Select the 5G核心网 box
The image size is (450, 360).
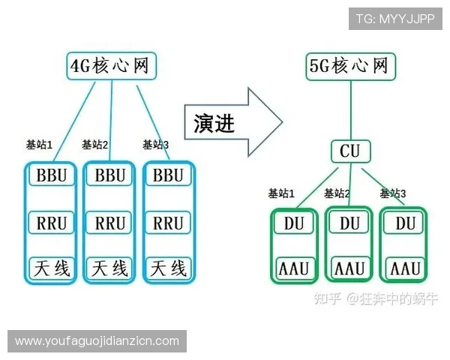[x=349, y=66]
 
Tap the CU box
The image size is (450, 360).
[x=349, y=151]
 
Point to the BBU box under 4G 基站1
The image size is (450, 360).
[x=52, y=175]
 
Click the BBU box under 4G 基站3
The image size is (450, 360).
[x=168, y=175]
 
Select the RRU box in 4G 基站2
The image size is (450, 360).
[x=110, y=223]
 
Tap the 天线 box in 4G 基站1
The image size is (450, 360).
[x=52, y=267]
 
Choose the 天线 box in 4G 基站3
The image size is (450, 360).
[x=168, y=267]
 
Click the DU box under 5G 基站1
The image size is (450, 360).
[x=293, y=223]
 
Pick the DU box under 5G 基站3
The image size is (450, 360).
[x=405, y=223]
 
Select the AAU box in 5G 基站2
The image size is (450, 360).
[x=349, y=268]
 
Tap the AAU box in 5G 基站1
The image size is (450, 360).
[x=293, y=268]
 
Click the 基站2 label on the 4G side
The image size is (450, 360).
[x=95, y=145]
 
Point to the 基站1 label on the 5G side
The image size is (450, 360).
[x=281, y=193]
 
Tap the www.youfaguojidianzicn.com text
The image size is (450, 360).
[x=97, y=341]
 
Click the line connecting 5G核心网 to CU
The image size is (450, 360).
[x=349, y=109]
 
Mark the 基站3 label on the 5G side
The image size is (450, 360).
[x=392, y=193]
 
